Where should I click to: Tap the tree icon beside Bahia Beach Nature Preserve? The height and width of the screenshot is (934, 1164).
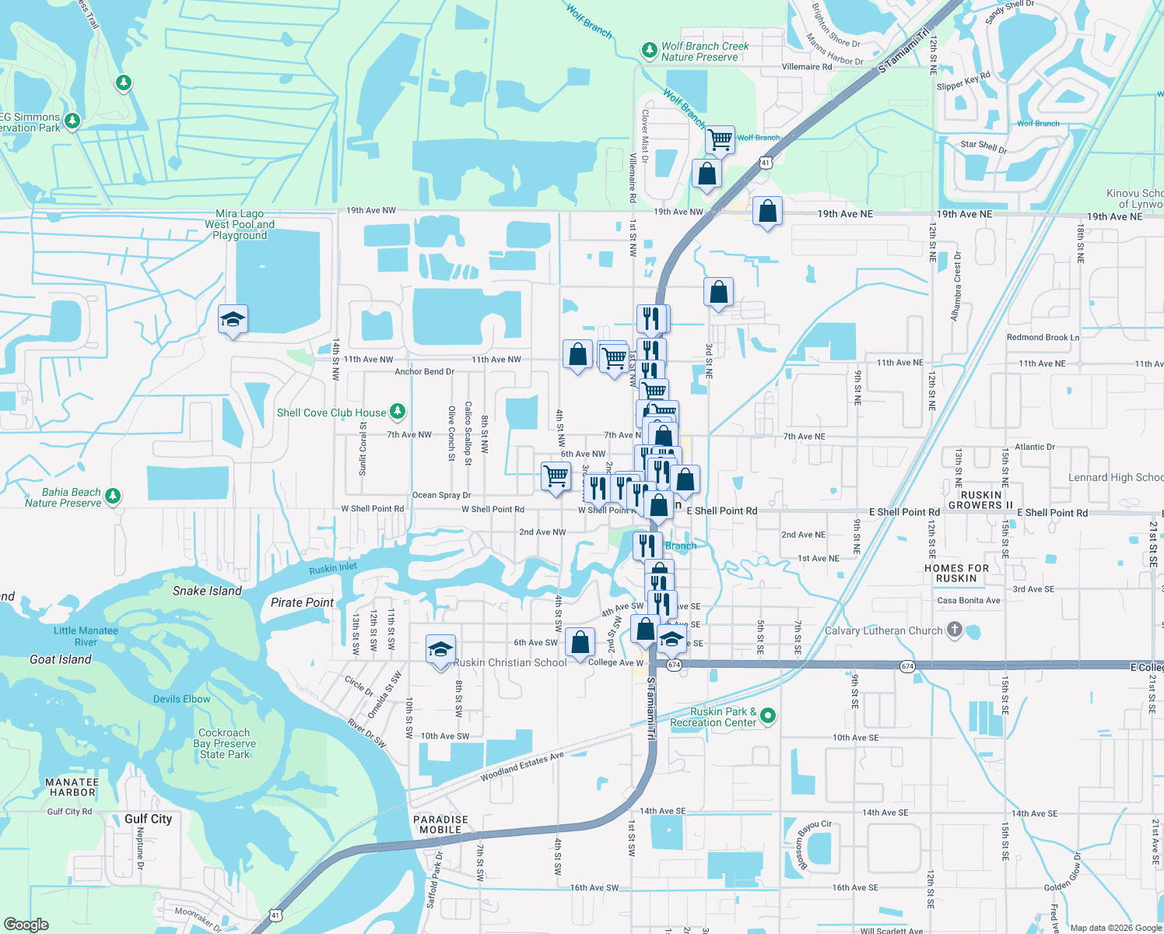(x=113, y=496)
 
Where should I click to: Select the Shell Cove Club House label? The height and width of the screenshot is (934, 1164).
(x=331, y=413)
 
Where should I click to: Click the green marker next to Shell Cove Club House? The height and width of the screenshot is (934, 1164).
(x=398, y=410)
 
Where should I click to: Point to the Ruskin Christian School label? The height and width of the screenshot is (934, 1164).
(x=510, y=662)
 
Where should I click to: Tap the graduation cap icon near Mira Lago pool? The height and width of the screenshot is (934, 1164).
(x=233, y=319)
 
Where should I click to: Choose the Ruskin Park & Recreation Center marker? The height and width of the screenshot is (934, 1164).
(x=768, y=715)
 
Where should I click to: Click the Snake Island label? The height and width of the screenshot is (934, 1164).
(x=207, y=591)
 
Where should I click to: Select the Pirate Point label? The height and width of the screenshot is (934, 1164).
(x=302, y=602)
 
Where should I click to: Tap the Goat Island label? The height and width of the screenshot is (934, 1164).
(x=61, y=659)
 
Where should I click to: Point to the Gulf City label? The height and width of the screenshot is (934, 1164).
(x=148, y=819)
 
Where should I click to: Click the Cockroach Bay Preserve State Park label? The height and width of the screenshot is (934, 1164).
(x=224, y=743)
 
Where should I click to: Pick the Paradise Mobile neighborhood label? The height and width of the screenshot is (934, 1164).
(x=440, y=824)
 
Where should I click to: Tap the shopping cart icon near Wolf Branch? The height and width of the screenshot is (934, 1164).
(x=720, y=140)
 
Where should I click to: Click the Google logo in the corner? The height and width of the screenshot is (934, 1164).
(x=26, y=924)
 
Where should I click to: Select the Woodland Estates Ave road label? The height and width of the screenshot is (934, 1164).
(x=521, y=767)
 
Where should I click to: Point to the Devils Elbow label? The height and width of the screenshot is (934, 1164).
(x=181, y=699)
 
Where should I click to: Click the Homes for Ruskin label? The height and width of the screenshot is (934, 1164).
(x=956, y=573)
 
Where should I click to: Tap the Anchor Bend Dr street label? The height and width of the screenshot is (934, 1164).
(x=424, y=372)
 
